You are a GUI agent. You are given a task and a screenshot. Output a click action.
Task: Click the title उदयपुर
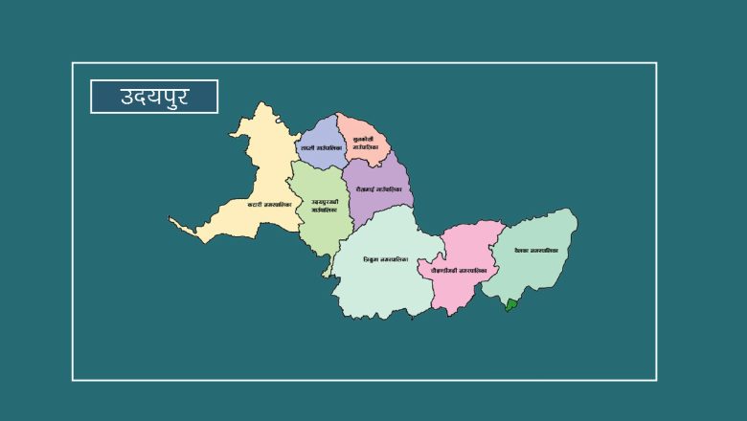154,97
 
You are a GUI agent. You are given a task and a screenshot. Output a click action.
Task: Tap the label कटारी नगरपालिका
268,204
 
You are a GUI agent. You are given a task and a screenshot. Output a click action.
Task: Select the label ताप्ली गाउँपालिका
320,148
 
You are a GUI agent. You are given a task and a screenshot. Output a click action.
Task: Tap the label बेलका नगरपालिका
535,251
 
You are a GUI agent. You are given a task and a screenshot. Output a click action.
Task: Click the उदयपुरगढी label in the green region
324,206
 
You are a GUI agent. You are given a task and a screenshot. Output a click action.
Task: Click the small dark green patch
511,305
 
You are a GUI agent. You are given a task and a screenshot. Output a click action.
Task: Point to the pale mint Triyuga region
383,287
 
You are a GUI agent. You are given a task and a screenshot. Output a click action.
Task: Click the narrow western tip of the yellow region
175,223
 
